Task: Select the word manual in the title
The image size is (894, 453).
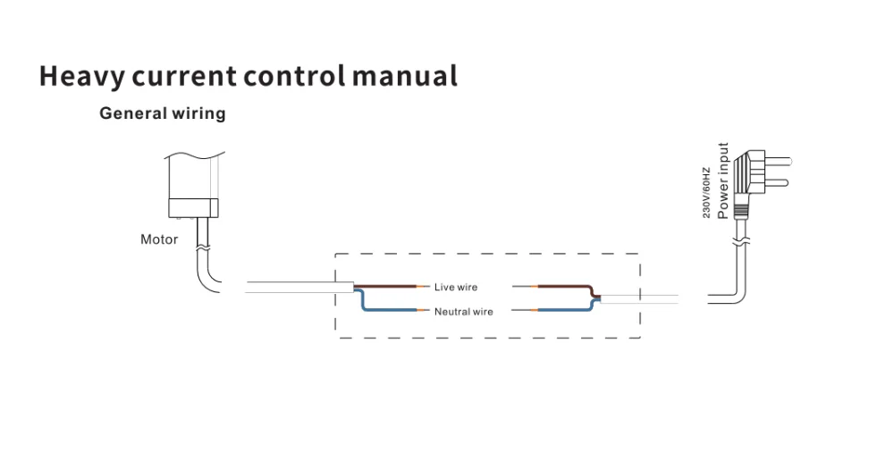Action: click(404, 76)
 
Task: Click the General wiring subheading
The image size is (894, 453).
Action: click(163, 113)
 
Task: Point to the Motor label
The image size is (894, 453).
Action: click(159, 239)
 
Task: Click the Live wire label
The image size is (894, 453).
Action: click(456, 288)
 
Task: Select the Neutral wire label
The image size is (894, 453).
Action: click(464, 312)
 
